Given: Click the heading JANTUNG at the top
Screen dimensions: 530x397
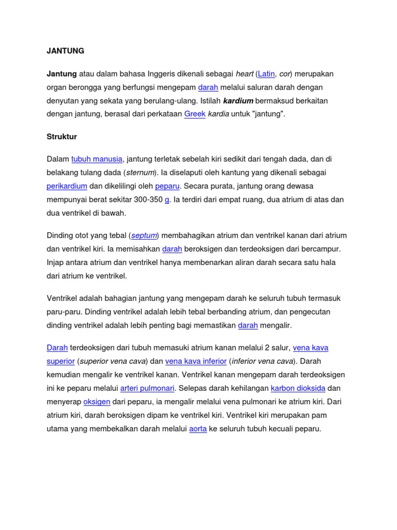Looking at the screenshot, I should coord(65,51).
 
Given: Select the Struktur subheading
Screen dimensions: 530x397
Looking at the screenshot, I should coord(62,137).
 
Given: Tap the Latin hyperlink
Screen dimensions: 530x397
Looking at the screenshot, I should coord(266,74).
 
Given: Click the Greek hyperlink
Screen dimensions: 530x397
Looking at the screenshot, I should coord(195,114).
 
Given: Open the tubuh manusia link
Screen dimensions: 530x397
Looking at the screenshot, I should coord(97,159).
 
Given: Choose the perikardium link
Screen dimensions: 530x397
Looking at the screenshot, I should coord(67,186).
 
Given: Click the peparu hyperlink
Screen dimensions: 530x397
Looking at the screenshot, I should coord(167,186).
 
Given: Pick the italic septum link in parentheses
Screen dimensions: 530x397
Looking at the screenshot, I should coord(144,235).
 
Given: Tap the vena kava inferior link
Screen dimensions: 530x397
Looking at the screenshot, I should coord(196,361).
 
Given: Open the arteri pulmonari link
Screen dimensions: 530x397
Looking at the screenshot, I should coord(147,388).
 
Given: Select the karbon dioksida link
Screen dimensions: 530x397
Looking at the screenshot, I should coord(298,388).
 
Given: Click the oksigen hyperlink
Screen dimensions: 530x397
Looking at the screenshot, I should coord(97,402).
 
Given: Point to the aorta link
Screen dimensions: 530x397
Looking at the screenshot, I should coord(198,429).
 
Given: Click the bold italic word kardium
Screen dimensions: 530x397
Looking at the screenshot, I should coord(238,100).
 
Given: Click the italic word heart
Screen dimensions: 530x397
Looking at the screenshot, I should coord(245,74).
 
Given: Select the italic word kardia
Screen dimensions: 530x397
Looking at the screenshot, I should coord(218,114).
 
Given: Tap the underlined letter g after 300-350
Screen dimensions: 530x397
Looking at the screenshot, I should coord(167,200).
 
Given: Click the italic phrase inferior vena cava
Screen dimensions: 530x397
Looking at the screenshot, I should coord(263,361).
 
